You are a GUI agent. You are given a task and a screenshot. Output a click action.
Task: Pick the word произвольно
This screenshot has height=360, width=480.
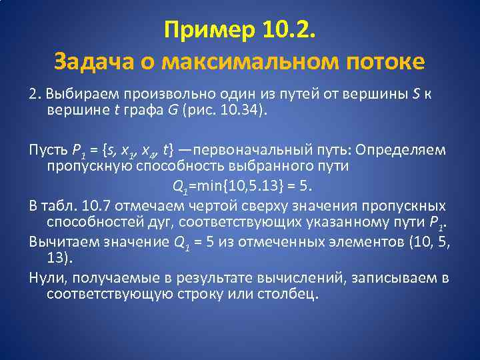coord(159,94)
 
